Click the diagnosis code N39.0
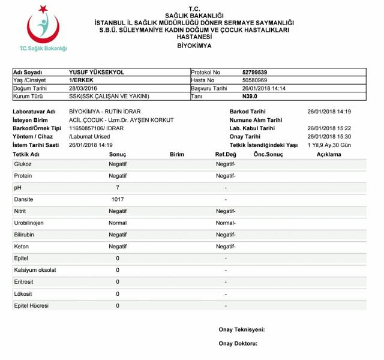pos(250,96)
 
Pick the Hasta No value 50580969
pos(255,80)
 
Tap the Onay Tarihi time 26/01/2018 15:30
pos(329,136)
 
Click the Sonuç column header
pos(118,154)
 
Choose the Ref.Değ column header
pos(226,154)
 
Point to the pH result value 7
pos(118,188)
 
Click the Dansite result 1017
pos(118,199)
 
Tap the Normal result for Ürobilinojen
pos(118,223)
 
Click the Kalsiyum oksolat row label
pos(35,270)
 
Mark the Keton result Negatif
pos(118,247)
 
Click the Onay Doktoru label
pos(238,344)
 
